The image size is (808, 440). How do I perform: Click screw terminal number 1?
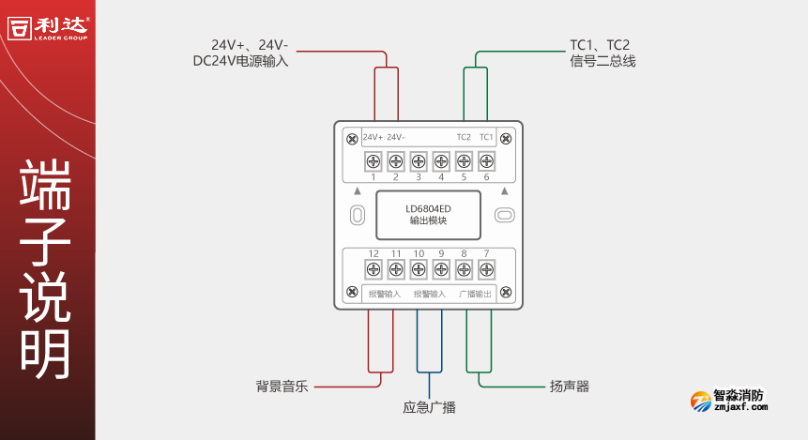[374, 161]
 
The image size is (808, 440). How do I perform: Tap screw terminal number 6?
[486, 161]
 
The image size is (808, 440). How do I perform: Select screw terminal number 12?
[374, 270]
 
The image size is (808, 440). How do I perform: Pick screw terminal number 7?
[486, 270]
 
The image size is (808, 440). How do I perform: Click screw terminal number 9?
[441, 270]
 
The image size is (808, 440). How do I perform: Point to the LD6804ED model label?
[428, 208]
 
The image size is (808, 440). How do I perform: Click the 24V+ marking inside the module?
[373, 137]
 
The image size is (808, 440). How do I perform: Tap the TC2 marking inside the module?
[464, 137]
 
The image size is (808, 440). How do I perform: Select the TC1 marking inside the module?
[486, 137]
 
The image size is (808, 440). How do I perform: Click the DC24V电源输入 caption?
[240, 61]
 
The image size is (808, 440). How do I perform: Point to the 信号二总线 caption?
[602, 61]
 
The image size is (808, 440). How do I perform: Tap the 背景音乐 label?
[282, 386]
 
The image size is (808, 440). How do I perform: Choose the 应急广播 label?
[429, 408]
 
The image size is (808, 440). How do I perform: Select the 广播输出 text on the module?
[475, 294]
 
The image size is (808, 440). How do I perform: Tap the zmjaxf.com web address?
[740, 407]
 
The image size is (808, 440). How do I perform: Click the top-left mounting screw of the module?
[351, 139]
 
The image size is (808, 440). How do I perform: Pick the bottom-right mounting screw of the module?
[507, 293]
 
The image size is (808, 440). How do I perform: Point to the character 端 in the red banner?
[46, 184]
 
